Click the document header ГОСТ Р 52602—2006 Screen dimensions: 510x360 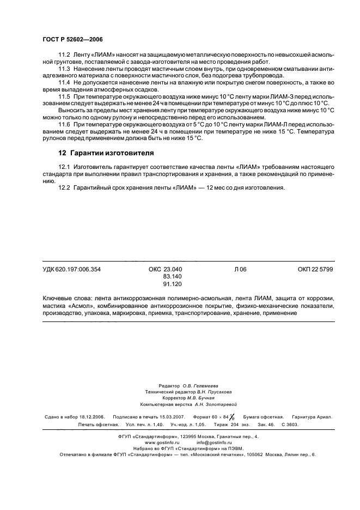72,40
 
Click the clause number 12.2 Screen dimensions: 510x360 65,188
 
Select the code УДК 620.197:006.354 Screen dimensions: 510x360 71,269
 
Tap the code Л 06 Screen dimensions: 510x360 240,269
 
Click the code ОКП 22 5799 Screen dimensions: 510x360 315,269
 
